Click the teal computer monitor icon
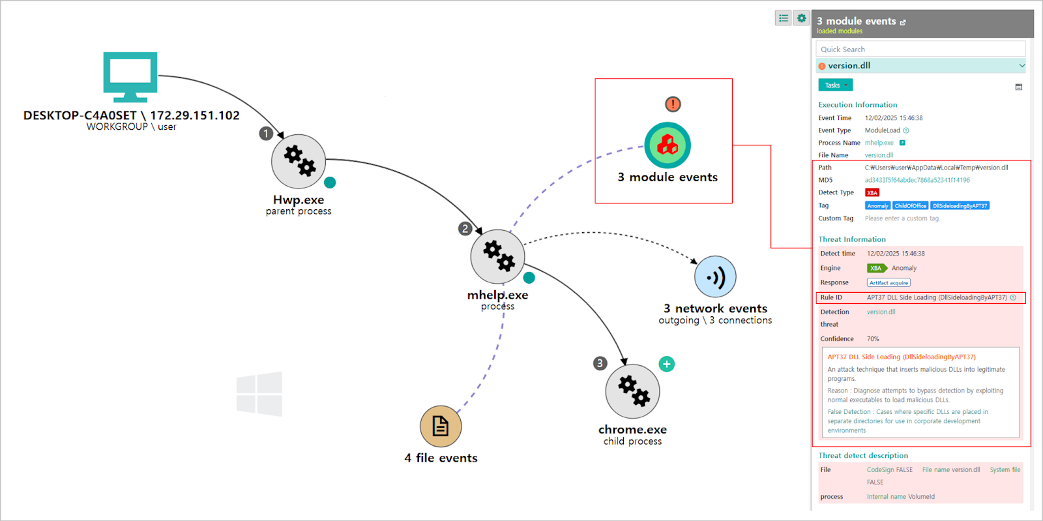[x=130, y=76]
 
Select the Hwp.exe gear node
[x=299, y=161]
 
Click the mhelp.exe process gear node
[x=498, y=256]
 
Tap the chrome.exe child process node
[x=632, y=391]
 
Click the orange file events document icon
[x=441, y=426]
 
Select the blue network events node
[x=715, y=277]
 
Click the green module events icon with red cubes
[x=668, y=145]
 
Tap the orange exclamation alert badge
[x=673, y=104]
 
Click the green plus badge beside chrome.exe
[x=666, y=364]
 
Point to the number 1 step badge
[x=266, y=134]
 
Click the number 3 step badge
[x=600, y=363]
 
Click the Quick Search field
[x=920, y=50]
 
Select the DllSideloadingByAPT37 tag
[x=960, y=206]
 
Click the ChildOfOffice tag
[x=910, y=206]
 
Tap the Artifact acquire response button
[x=889, y=283]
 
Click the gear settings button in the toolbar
[x=801, y=18]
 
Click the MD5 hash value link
[x=917, y=181]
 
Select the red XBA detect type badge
[x=872, y=193]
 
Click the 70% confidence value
[x=873, y=339]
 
